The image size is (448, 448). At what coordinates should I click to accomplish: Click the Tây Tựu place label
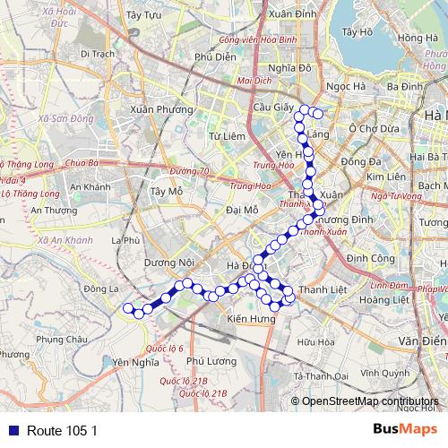tap(143, 15)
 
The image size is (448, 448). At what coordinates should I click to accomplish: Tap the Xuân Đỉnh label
tap(292, 15)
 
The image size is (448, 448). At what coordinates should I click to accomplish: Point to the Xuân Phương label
tap(161, 109)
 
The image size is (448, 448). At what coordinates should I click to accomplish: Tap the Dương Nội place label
tap(169, 263)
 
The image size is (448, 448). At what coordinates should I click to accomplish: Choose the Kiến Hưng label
tap(249, 320)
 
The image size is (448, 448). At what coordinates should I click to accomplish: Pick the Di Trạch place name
tap(99, 54)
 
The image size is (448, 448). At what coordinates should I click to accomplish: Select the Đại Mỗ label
tap(243, 210)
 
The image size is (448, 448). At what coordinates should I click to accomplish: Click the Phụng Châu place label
tap(64, 340)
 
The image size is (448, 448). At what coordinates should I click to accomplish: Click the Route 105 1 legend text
tap(62, 430)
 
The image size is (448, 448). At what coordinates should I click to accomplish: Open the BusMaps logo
tap(406, 429)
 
